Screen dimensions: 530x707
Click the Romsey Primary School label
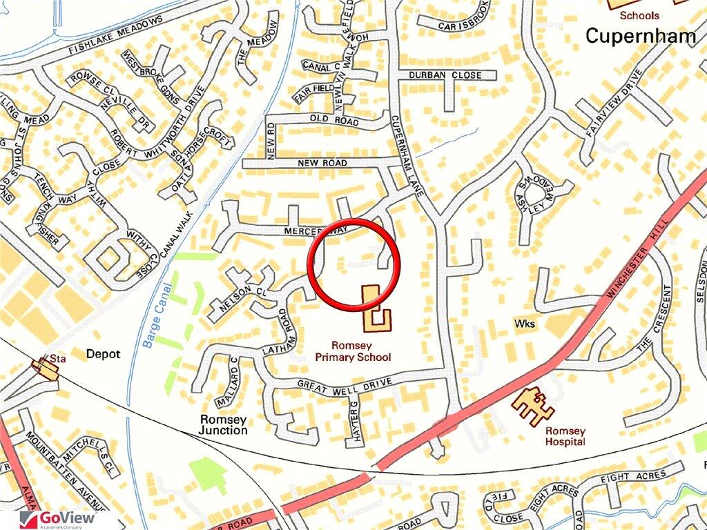pos(353,351)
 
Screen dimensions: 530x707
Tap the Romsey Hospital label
pos(565,436)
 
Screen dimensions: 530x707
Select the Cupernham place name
pos(641,36)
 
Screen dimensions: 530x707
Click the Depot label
pos(103,354)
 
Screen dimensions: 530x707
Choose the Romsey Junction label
pos(223,424)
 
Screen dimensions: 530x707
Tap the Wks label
pos(525,323)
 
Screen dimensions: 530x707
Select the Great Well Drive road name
pos(345,382)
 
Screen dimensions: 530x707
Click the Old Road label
pos(334,121)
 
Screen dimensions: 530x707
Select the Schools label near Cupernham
pos(639,15)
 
